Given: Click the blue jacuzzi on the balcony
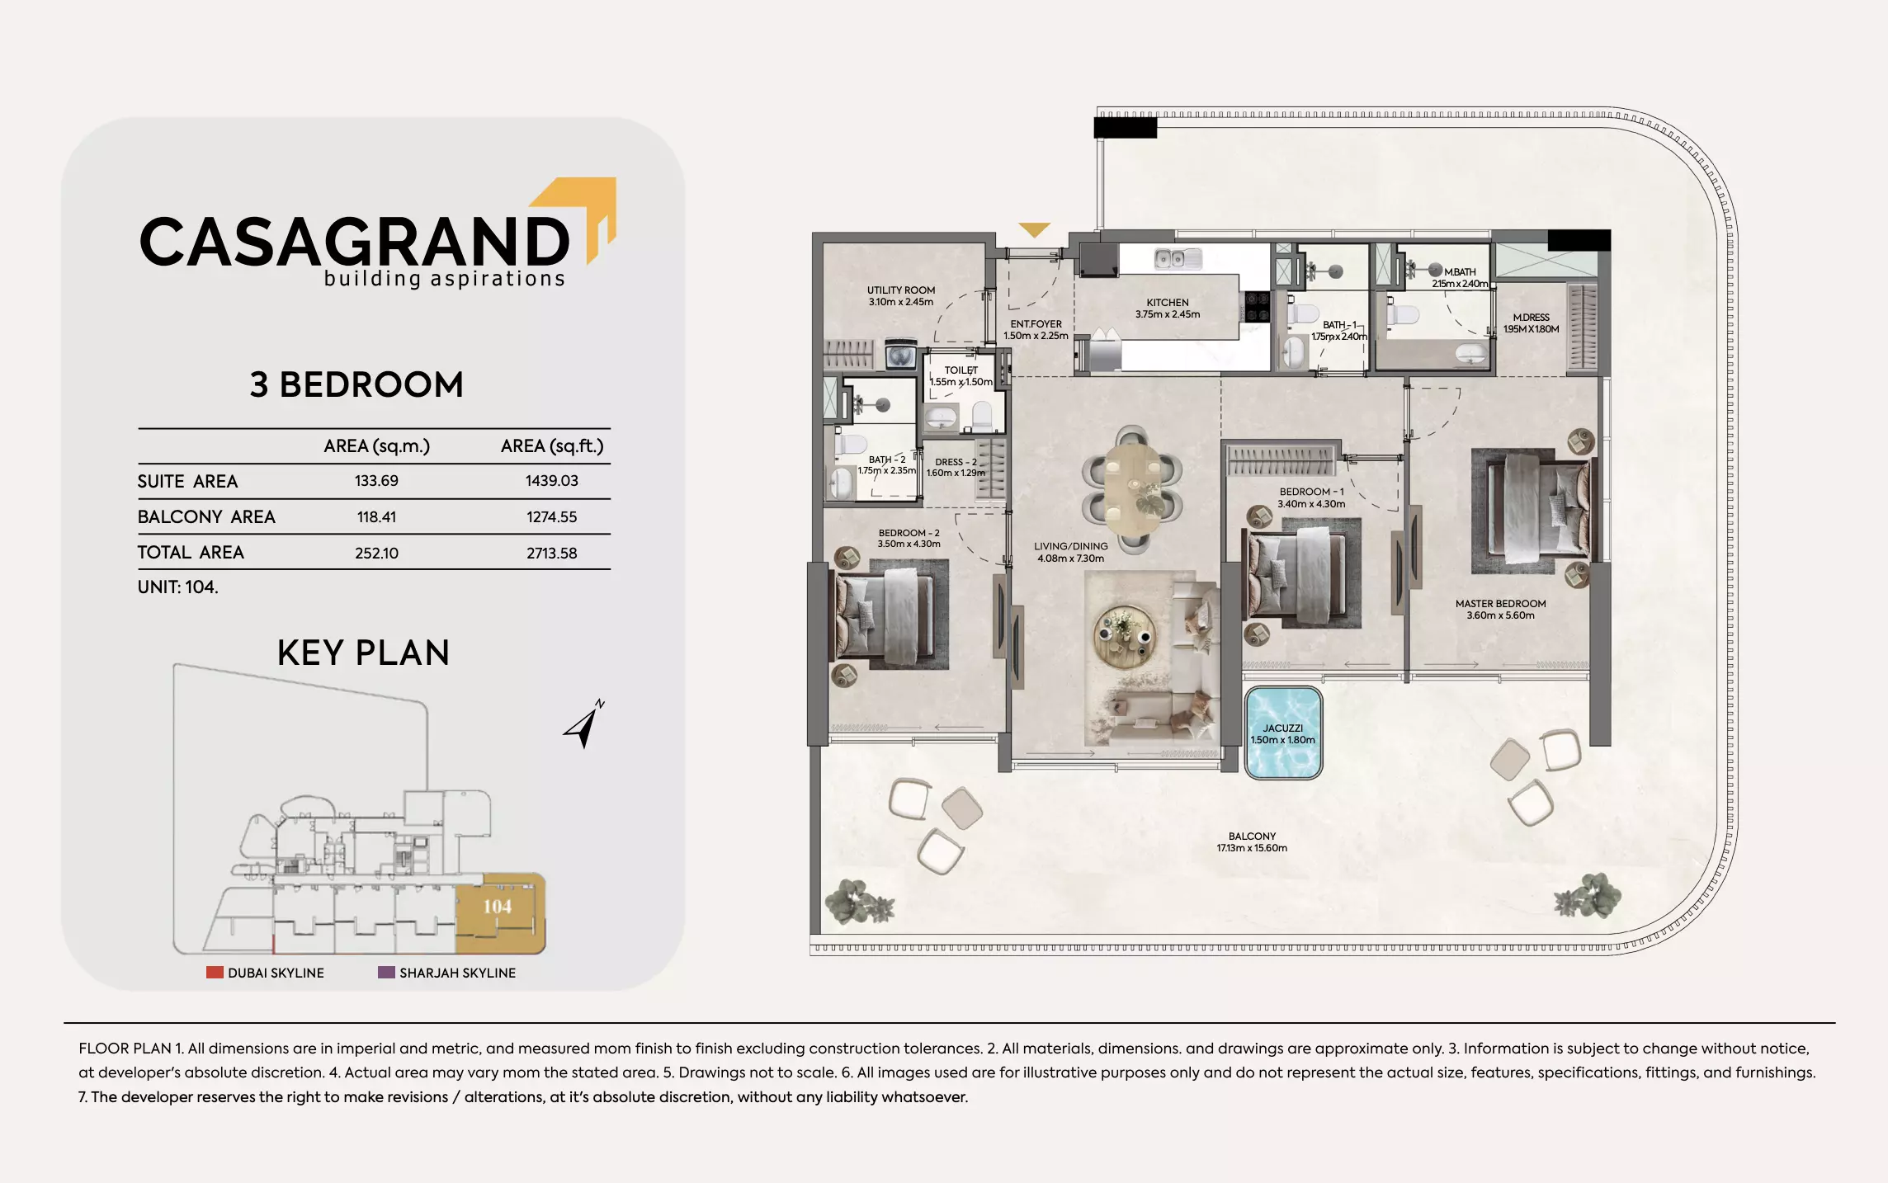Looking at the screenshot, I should click(1282, 733).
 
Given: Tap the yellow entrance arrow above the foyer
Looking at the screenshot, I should click(1034, 229).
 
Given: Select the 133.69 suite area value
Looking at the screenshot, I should click(376, 481).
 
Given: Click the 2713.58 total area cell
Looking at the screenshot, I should click(551, 553).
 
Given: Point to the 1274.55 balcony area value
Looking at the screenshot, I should click(551, 517).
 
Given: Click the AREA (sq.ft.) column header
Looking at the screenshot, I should click(551, 446).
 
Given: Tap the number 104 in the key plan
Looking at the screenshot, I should click(497, 907).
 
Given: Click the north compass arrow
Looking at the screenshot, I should click(584, 724).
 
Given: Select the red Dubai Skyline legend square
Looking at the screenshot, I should click(215, 973).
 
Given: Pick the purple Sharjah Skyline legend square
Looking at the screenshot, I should click(386, 973).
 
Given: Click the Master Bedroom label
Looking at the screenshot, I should click(1500, 609).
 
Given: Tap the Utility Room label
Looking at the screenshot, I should click(900, 295).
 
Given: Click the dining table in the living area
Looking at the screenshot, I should click(1131, 490).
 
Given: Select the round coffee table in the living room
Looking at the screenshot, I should click(1123, 637).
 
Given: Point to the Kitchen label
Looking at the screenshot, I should click(1167, 308).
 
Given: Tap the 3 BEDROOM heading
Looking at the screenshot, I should click(356, 385).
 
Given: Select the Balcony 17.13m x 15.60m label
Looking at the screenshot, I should click(1251, 841).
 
